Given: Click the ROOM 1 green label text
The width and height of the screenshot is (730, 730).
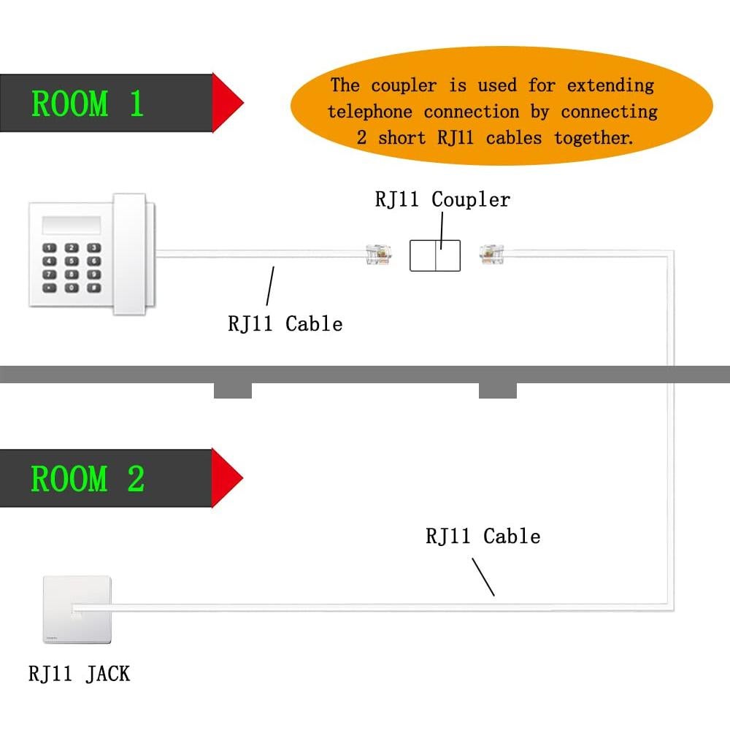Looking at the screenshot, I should click(88, 104).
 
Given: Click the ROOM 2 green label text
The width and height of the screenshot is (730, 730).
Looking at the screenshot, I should click(88, 479).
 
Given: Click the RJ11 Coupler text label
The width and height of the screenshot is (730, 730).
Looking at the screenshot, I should click(442, 199).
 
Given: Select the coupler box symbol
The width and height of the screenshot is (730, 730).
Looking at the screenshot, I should click(435, 255).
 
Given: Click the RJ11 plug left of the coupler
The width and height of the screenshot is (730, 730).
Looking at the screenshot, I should click(378, 254).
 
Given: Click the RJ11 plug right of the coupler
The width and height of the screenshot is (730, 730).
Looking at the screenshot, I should click(491, 253).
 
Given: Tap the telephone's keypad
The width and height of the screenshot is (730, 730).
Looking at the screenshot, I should click(72, 267).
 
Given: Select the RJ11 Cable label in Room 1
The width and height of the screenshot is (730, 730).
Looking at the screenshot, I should click(285, 323).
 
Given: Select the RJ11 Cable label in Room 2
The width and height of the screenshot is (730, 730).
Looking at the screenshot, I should click(483, 537).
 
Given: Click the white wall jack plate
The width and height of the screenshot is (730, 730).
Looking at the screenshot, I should click(77, 610).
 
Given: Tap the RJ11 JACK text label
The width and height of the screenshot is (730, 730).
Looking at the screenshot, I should click(79, 672).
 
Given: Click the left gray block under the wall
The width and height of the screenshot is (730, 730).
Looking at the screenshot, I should click(233, 391).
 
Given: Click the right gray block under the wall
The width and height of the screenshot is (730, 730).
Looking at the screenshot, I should click(498, 391).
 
